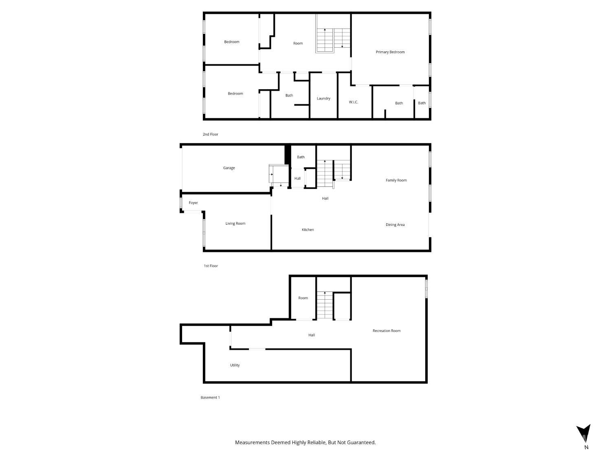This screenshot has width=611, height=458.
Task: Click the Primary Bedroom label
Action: point(390,52)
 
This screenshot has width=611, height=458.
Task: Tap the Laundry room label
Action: point(323,99)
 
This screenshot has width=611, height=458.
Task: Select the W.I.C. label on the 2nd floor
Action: point(354,102)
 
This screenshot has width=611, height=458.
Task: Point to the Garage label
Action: point(229,168)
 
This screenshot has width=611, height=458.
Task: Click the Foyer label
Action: point(193,203)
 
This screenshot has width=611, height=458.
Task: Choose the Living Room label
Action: point(235,223)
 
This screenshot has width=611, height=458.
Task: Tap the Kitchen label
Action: point(308,230)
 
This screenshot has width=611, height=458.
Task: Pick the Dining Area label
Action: point(395,225)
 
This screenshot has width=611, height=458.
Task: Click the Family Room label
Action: point(396,180)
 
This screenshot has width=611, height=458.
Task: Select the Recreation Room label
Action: point(387,331)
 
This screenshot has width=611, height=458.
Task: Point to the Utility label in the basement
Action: point(235,365)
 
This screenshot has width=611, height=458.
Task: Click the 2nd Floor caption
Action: point(211,134)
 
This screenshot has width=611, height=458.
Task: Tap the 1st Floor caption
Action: point(211,266)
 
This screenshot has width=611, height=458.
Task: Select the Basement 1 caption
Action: point(210,397)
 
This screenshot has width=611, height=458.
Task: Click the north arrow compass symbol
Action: point(583,433)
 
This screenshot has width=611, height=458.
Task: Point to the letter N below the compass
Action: point(586,447)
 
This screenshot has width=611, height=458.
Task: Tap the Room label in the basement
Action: point(303,298)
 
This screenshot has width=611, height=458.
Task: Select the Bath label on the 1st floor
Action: point(301,157)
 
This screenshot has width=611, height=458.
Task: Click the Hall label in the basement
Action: point(312,335)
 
